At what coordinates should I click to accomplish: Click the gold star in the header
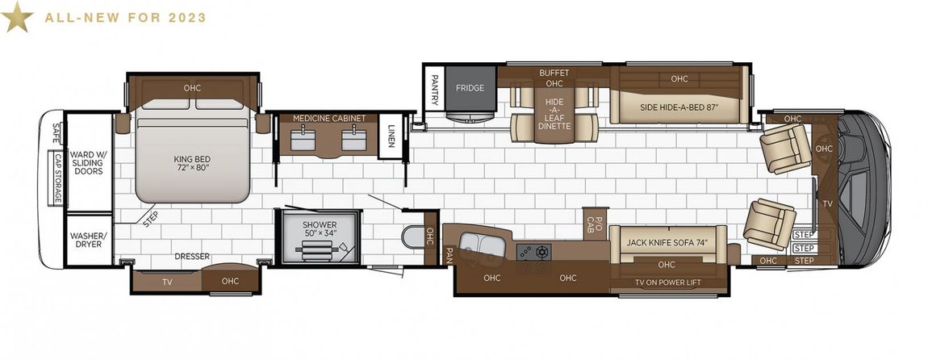(x=17, y=16)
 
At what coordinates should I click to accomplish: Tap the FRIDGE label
(x=470, y=88)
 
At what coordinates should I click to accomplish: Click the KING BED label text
(x=192, y=163)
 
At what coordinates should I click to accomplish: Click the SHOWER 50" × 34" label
(x=320, y=229)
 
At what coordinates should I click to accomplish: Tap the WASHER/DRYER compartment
(x=88, y=240)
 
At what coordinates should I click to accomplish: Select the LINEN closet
(x=391, y=135)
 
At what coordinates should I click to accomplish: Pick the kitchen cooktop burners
(x=534, y=252)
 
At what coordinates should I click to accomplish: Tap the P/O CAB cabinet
(x=596, y=224)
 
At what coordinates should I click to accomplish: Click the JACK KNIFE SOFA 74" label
(x=667, y=242)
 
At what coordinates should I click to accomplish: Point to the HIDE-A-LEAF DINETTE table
(x=554, y=113)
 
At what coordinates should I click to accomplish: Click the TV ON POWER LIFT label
(x=667, y=283)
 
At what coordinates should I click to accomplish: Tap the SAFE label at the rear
(x=56, y=132)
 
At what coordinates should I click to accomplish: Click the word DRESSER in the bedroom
(x=192, y=257)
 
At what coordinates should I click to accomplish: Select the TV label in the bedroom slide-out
(x=168, y=282)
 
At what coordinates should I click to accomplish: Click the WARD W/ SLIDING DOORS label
(x=88, y=163)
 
